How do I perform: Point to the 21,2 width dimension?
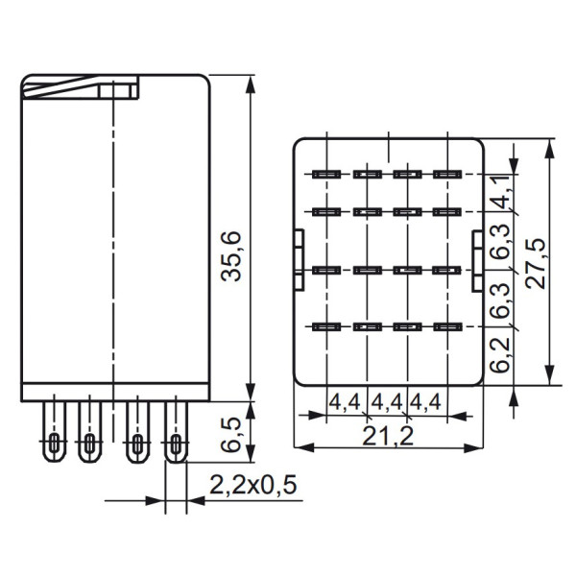pos(388,437)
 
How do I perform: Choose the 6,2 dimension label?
pos(499,354)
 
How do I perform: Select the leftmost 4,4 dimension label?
pos(346,400)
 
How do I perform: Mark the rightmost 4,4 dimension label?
pos(426,400)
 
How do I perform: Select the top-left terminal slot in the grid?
pos(325,175)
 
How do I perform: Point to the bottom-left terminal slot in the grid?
pos(325,327)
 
